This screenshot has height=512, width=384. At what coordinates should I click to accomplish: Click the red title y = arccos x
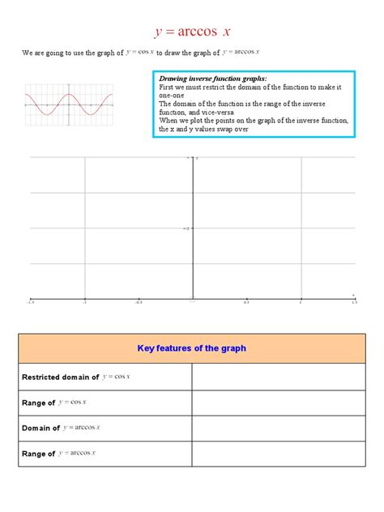[x=192, y=32]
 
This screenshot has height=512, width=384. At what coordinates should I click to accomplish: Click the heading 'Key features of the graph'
[x=191, y=348]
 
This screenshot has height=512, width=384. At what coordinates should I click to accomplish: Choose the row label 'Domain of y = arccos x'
[x=61, y=428]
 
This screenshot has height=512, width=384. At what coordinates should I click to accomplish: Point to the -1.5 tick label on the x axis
[x=31, y=302]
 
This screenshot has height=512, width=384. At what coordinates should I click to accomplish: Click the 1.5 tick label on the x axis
[x=354, y=302]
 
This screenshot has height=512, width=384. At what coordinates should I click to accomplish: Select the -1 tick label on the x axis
[x=84, y=302]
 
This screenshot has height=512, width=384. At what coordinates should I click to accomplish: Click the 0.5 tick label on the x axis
[x=246, y=302]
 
